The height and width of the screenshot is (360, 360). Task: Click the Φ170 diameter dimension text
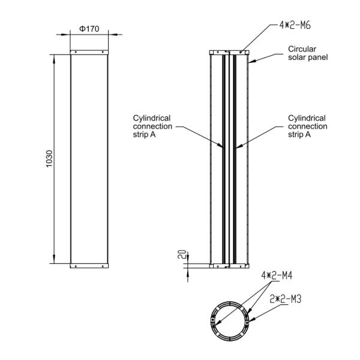[x=89, y=29]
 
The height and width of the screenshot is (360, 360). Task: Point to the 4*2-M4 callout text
[x=277, y=277]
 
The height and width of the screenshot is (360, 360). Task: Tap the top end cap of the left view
[x=89, y=53]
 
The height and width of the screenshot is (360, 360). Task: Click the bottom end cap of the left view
[x=89, y=265]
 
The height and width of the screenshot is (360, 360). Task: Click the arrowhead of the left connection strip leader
[x=223, y=146]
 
